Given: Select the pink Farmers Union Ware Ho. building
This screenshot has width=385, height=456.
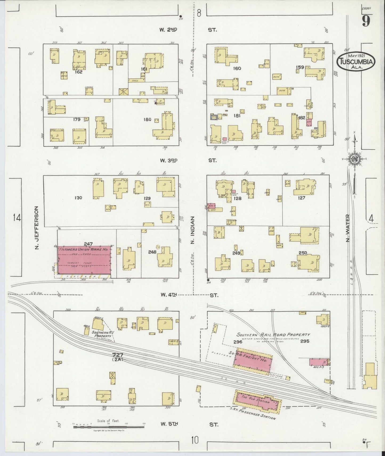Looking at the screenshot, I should coord(85,260).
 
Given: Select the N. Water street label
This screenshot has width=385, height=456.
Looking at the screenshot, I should coord(347,228).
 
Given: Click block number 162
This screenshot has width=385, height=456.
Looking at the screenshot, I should coord(79,72).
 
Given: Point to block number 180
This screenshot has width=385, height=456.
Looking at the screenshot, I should coord(147,119).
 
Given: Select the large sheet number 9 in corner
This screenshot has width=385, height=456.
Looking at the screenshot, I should coord(366,21).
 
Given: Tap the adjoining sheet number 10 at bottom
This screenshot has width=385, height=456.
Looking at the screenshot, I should coord(194,440).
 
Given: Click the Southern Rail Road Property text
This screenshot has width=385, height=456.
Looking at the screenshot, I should coord(273,335).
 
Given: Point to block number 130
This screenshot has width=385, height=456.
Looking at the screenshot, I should coord(78,198).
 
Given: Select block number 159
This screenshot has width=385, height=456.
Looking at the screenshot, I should coord(300,67).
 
